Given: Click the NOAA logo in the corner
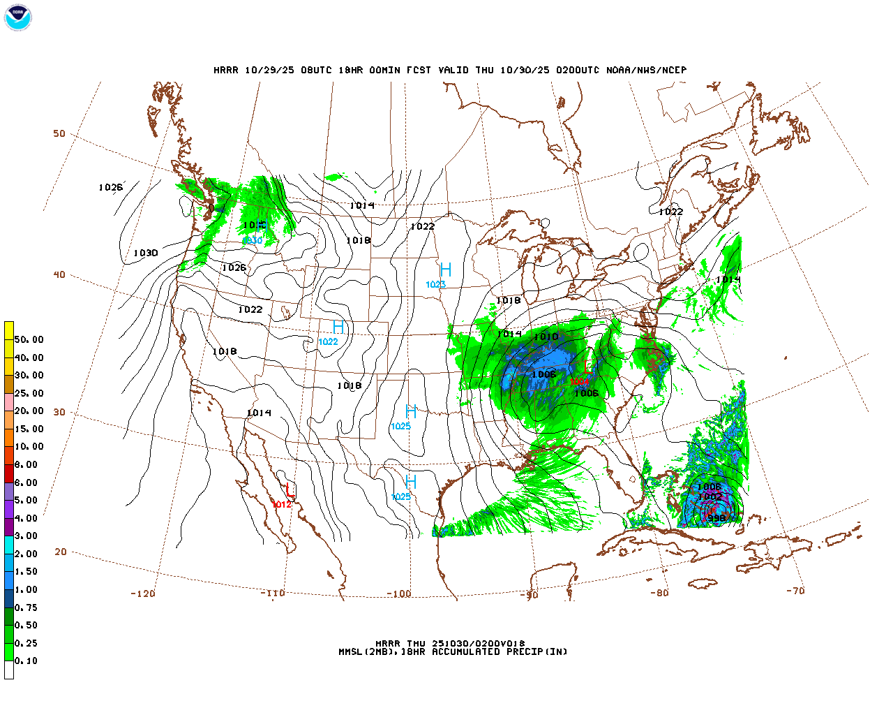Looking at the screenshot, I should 18,17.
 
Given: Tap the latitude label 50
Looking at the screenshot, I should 59,133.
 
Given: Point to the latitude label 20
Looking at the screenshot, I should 61,552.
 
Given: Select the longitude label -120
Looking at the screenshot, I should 143,594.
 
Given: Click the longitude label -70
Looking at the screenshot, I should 795,591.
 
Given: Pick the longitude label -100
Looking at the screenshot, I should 399,594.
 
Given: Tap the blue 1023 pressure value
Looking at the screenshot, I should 436,284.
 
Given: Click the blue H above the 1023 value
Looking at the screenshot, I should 445,270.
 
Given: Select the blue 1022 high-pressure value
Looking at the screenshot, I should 328,341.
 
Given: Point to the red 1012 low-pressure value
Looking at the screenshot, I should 282,504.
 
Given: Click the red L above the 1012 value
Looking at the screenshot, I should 290,492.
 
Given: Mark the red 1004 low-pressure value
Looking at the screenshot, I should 580,382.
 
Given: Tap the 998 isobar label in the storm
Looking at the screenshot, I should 716,518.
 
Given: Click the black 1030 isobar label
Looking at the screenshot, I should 146,253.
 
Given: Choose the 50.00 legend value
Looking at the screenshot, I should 29,339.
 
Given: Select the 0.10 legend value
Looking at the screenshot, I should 27,661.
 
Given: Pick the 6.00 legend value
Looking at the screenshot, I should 27,482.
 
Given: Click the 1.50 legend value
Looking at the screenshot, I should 27,571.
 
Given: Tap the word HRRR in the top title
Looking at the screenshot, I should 225,70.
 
